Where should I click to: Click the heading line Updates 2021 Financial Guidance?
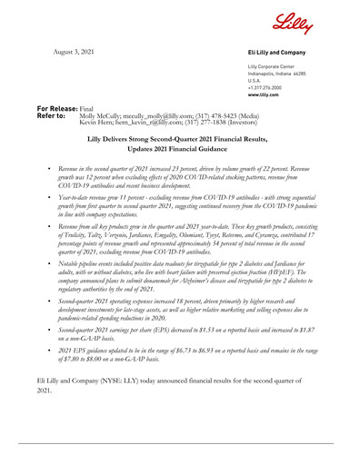coord(180,147)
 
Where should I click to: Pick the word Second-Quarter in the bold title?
coord(187,136)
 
